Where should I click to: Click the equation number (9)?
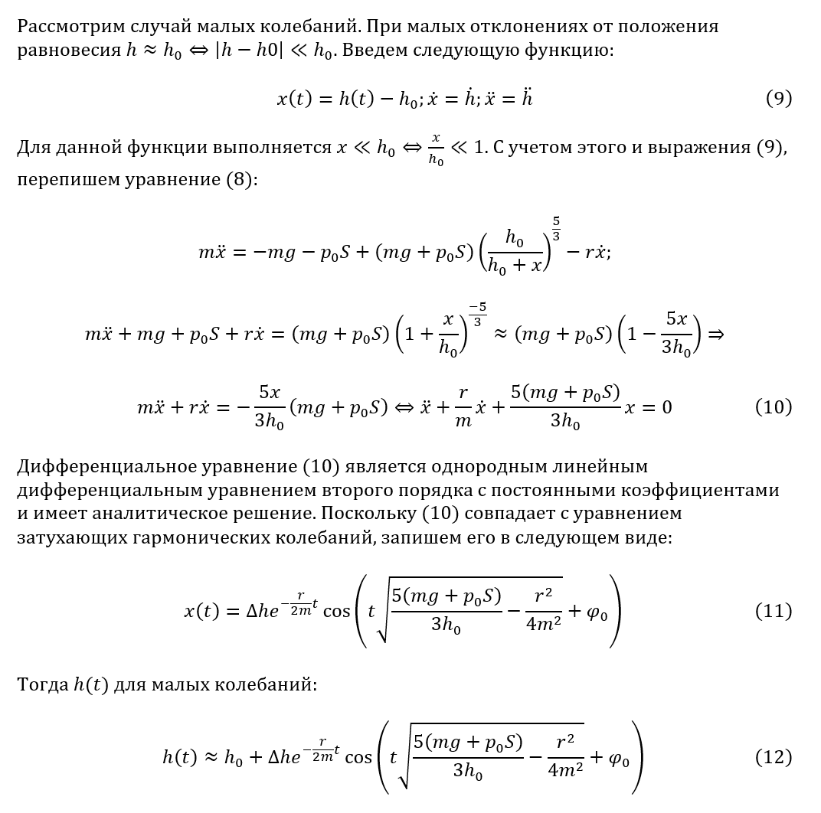pyautogui.click(x=778, y=99)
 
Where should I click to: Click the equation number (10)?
pyautogui.click(x=773, y=407)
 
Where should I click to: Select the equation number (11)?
pyautogui.click(x=773, y=612)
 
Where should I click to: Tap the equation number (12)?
pyautogui.click(x=773, y=758)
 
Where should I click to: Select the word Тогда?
pyautogui.click(x=41, y=684)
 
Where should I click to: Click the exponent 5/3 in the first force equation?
pyautogui.click(x=555, y=228)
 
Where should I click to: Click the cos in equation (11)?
pyautogui.click(x=336, y=612)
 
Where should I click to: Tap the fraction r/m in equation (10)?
pyautogui.click(x=462, y=407)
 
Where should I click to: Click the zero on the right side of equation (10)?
pyautogui.click(x=666, y=407)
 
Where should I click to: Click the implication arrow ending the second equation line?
pyautogui.click(x=715, y=335)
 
